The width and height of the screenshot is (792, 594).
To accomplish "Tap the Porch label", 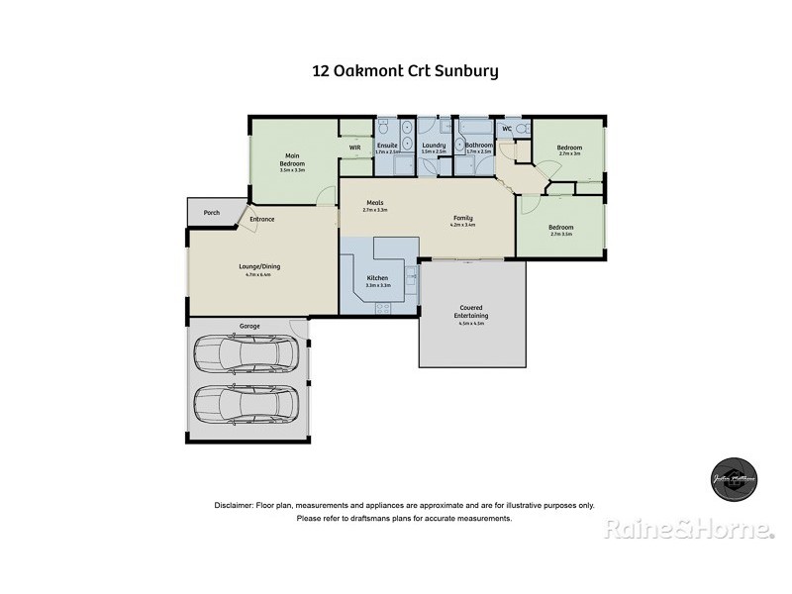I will tap(211, 213).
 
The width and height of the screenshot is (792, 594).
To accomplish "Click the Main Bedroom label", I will tap(293, 156).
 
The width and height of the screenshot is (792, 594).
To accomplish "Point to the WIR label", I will tap(354, 148).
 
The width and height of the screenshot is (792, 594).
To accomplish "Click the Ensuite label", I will tap(387, 146).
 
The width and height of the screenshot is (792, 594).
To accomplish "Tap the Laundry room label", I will tap(433, 146).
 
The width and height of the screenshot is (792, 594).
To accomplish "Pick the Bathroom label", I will tap(479, 146).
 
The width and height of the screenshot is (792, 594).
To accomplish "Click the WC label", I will tap(506, 130).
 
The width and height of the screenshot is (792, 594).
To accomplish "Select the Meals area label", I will tap(375, 203).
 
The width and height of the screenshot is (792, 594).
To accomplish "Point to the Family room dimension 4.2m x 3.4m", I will tap(463, 226).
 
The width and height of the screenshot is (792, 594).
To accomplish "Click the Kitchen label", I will tap(378, 278).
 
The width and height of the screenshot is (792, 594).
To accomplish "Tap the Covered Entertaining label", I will tap(472, 312).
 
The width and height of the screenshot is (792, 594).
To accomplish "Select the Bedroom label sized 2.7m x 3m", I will tap(570, 148).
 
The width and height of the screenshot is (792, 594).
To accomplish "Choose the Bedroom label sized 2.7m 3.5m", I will tap(560, 227).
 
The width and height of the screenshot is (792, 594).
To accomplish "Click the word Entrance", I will tap(262, 219).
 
